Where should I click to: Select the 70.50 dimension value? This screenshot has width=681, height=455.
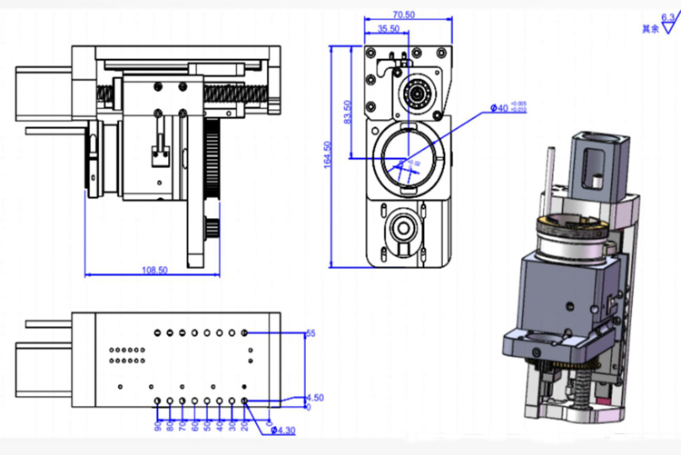[404, 15]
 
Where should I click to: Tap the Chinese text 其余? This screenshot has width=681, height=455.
[649, 29]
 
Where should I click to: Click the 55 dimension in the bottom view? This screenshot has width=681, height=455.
[311, 334]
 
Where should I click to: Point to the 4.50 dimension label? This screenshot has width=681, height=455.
[314, 398]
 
